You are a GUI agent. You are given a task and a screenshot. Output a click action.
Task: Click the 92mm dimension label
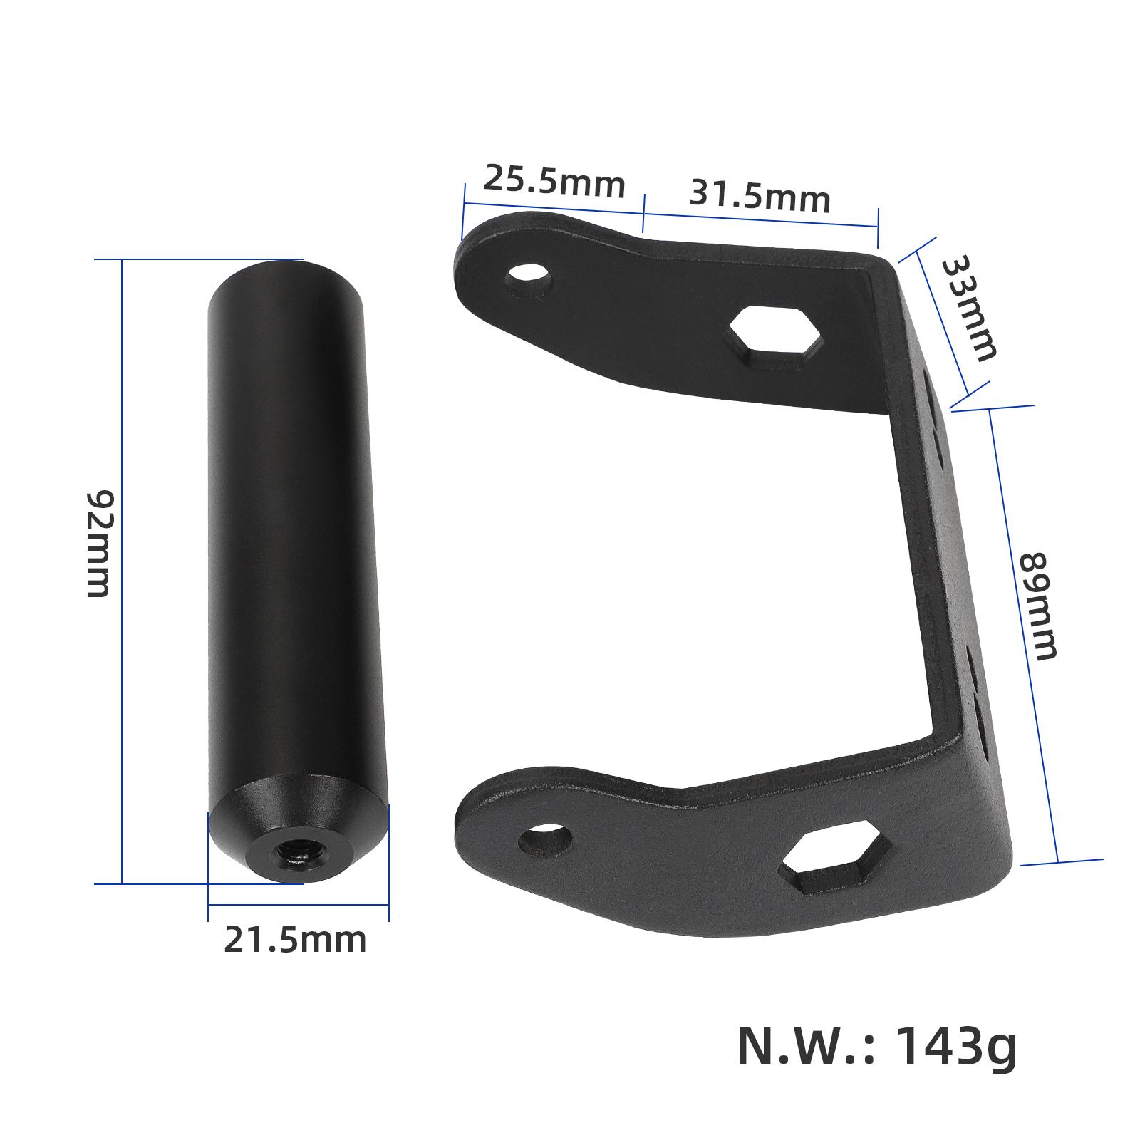98,543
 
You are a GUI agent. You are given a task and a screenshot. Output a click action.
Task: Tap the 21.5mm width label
294,940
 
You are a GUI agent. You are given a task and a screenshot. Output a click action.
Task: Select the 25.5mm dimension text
554,182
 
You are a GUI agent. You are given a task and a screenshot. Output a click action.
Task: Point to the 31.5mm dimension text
760,196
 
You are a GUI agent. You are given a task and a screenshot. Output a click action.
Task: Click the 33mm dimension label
968,309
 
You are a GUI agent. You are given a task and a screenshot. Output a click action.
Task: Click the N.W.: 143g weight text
876,1046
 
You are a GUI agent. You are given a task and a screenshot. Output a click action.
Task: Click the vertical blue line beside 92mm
123,570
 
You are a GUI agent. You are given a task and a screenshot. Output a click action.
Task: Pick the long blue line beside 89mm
1025,634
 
